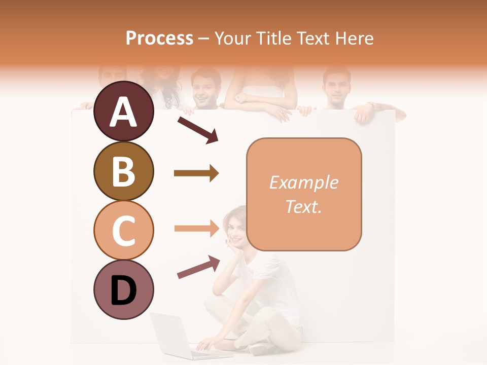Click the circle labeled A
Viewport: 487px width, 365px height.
[x=123, y=111]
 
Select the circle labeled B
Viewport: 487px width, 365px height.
[x=123, y=171]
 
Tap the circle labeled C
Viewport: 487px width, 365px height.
[x=123, y=230]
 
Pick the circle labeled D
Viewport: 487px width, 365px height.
[x=123, y=290]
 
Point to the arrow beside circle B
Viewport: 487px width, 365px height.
[x=196, y=173]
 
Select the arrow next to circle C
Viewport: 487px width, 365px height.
[x=196, y=228]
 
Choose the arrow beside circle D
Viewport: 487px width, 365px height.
[x=198, y=267]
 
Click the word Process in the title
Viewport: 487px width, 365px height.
[x=159, y=38]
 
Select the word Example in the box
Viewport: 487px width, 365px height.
[x=303, y=182]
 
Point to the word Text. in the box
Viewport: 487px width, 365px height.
[x=303, y=206]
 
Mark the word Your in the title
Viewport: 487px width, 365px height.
[x=232, y=38]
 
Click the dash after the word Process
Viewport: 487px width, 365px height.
[x=204, y=39]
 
